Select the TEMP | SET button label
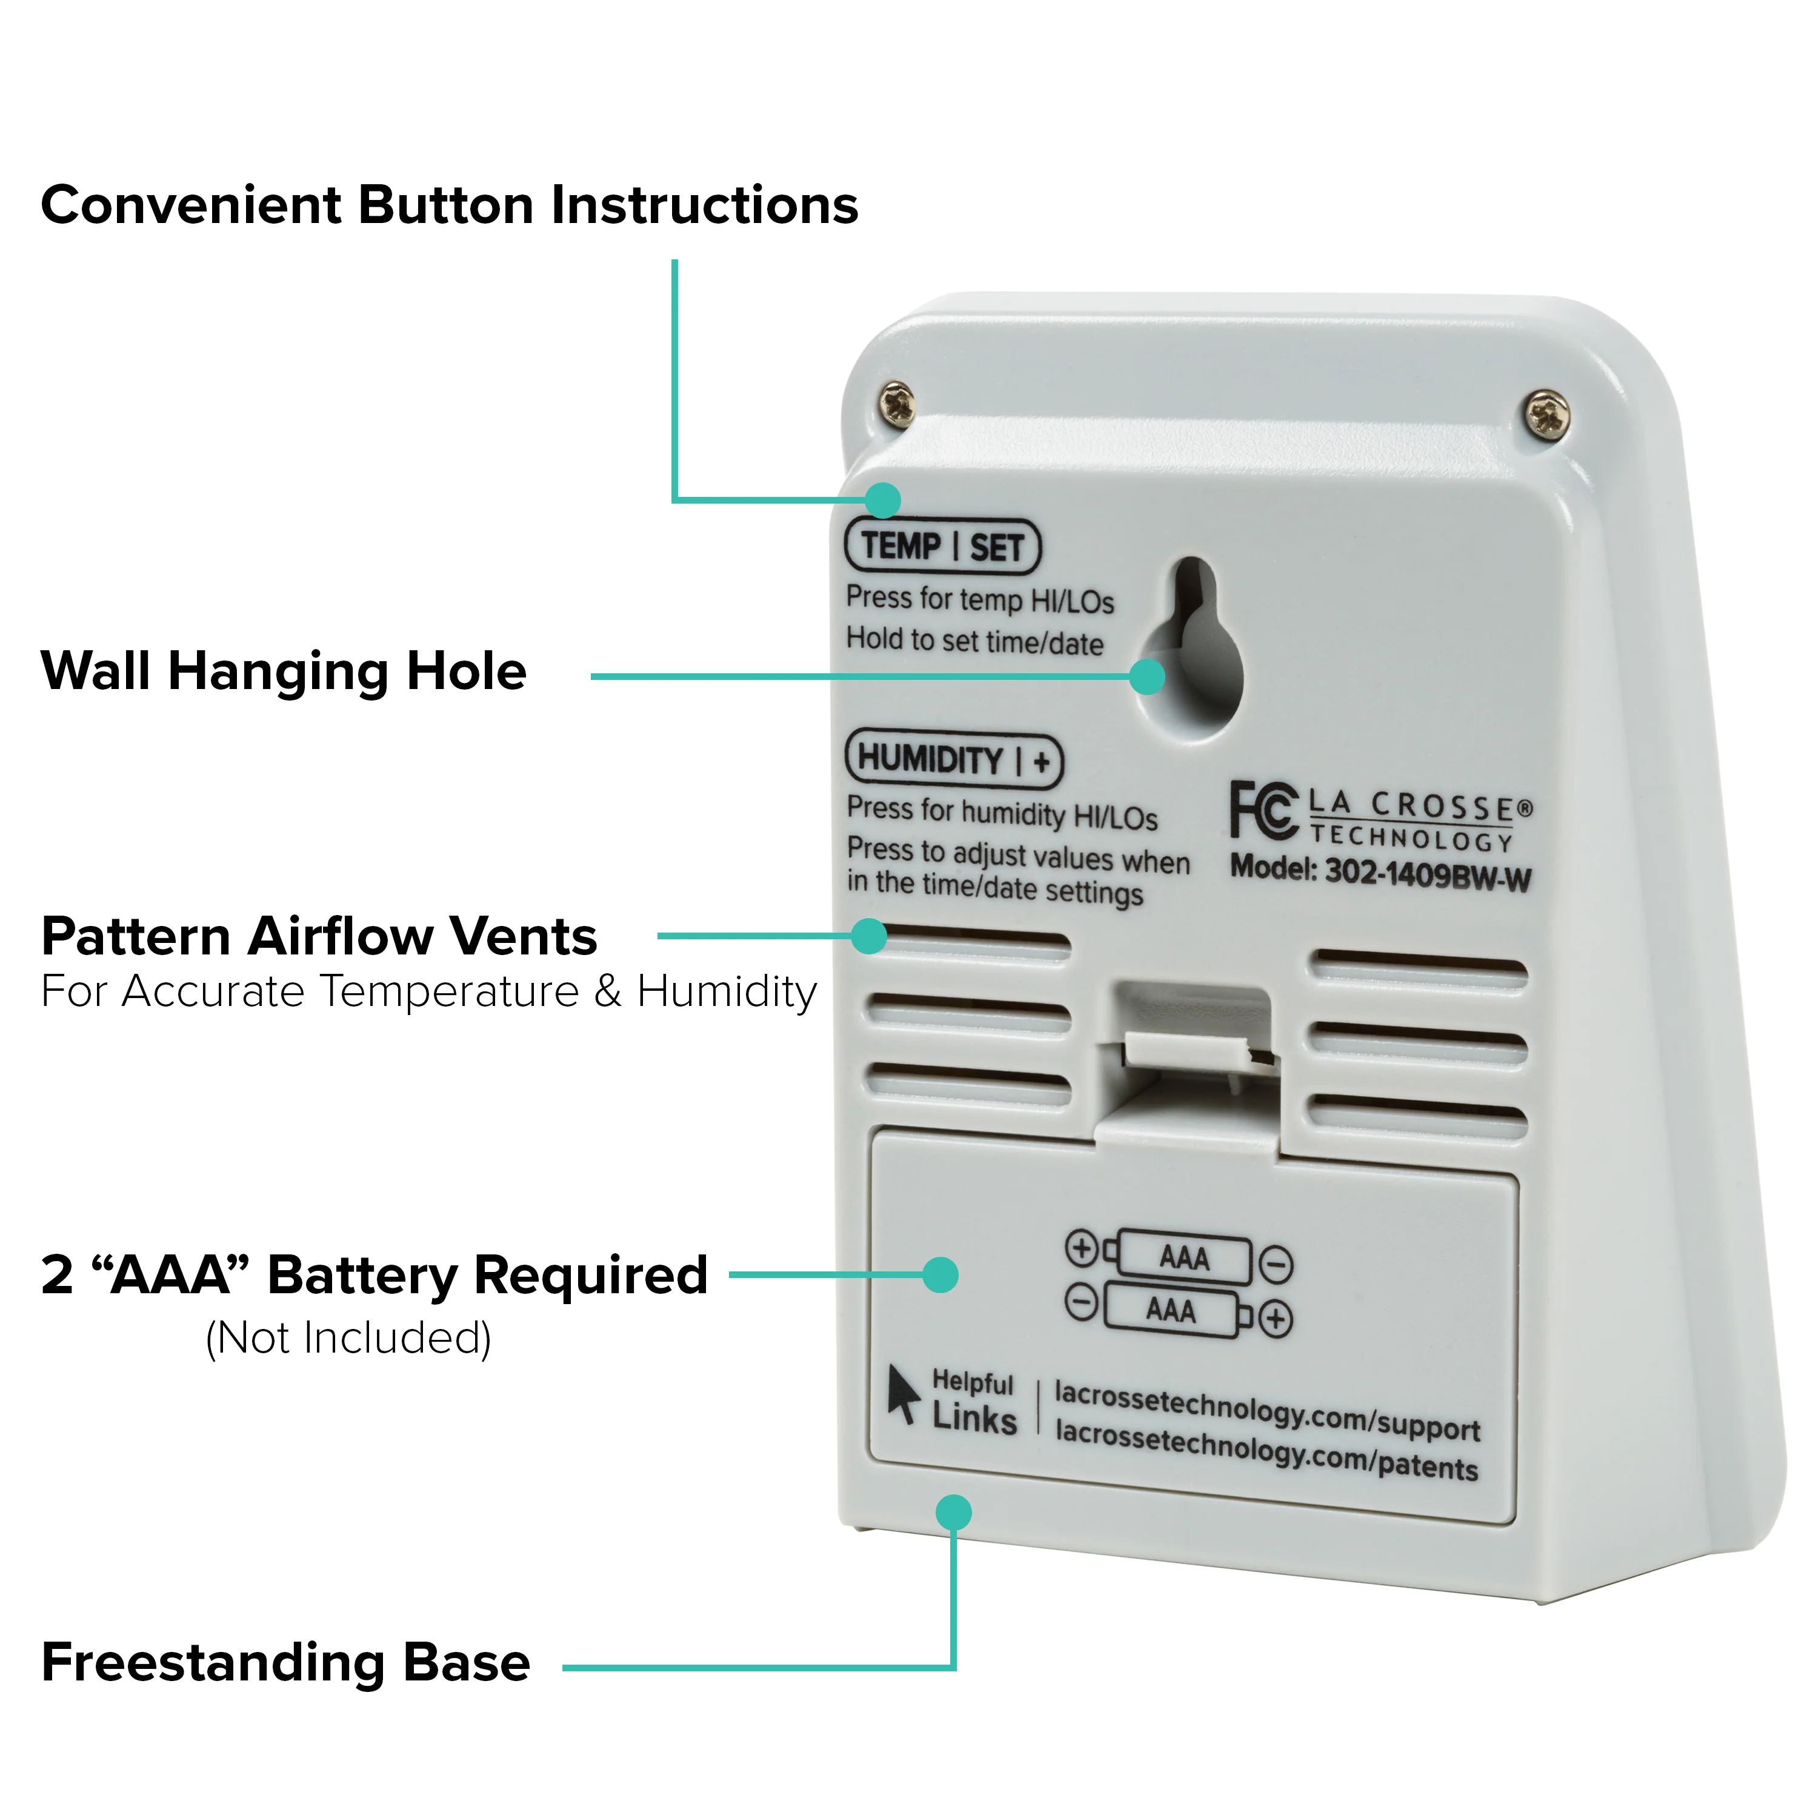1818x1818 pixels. [x=943, y=547]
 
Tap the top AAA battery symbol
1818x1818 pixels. [x=1180, y=1259]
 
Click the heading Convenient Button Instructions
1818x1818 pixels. [x=450, y=206]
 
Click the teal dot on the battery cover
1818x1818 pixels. [x=940, y=1275]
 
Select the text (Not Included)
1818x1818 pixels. [x=349, y=1338]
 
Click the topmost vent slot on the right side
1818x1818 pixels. [x=1420, y=969]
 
